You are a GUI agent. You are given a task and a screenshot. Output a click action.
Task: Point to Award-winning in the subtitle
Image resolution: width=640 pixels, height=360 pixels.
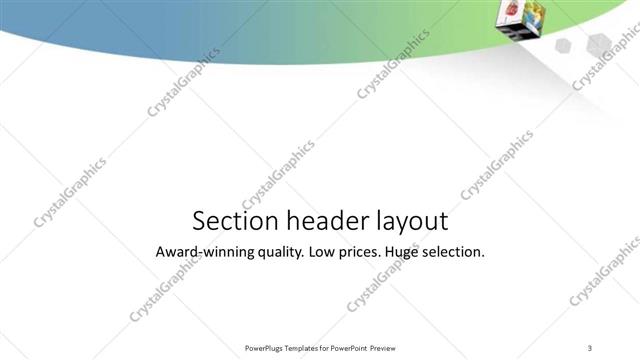[x=204, y=252]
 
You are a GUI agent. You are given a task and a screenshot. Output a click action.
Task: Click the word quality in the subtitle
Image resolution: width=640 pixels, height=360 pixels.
[x=280, y=253]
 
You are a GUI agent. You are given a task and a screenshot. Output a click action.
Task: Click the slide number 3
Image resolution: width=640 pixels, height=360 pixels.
[x=590, y=347]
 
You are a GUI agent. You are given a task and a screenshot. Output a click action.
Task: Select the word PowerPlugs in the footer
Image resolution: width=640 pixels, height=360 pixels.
[x=265, y=348]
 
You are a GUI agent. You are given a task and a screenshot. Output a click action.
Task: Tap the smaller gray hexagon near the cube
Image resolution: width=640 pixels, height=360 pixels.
[x=563, y=45]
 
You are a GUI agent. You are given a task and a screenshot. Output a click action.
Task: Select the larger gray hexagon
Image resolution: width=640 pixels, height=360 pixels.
[x=598, y=41]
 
